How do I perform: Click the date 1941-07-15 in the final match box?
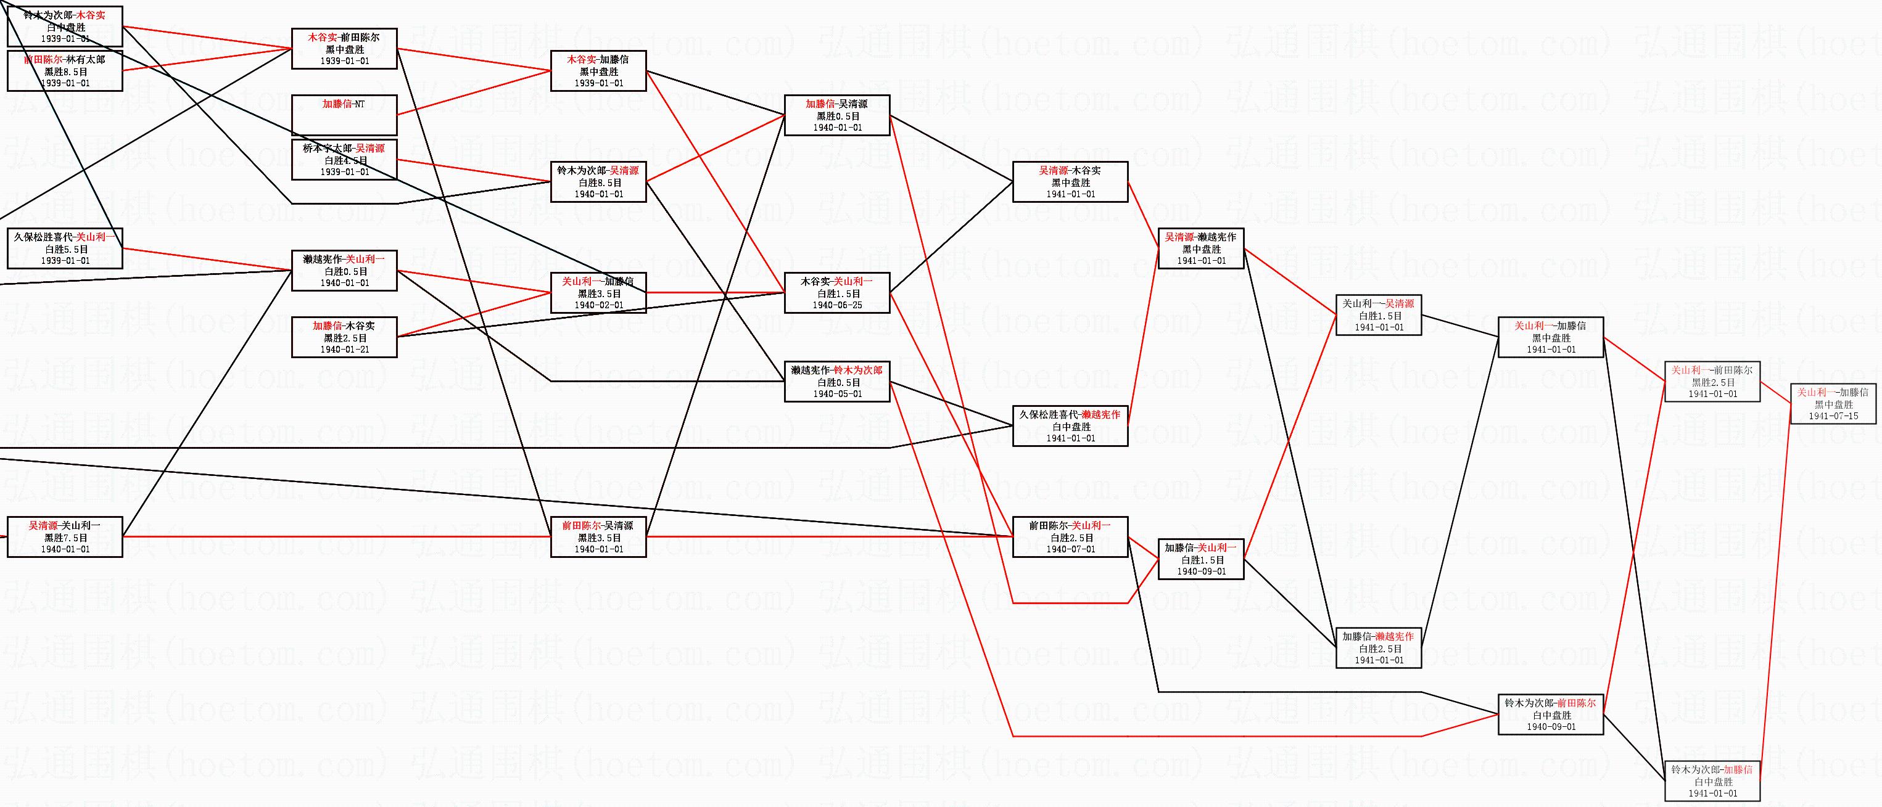coord(1833,416)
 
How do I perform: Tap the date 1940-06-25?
coord(837,305)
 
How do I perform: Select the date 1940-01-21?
coord(344,350)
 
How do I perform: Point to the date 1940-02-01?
coord(598,305)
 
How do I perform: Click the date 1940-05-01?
coord(837,395)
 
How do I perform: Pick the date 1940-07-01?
coord(1070,549)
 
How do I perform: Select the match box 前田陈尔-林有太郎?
coord(65,71)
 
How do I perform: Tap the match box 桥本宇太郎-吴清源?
coord(344,159)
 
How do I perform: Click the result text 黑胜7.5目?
coord(65,538)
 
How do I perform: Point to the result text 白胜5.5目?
coord(65,249)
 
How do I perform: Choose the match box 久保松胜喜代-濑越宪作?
coord(1070,426)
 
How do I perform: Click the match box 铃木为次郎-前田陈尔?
coord(1550,715)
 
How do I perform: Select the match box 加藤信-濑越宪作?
coord(1378,648)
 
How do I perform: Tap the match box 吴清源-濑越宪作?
coord(1200,248)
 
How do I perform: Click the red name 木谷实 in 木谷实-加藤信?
coord(582,60)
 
